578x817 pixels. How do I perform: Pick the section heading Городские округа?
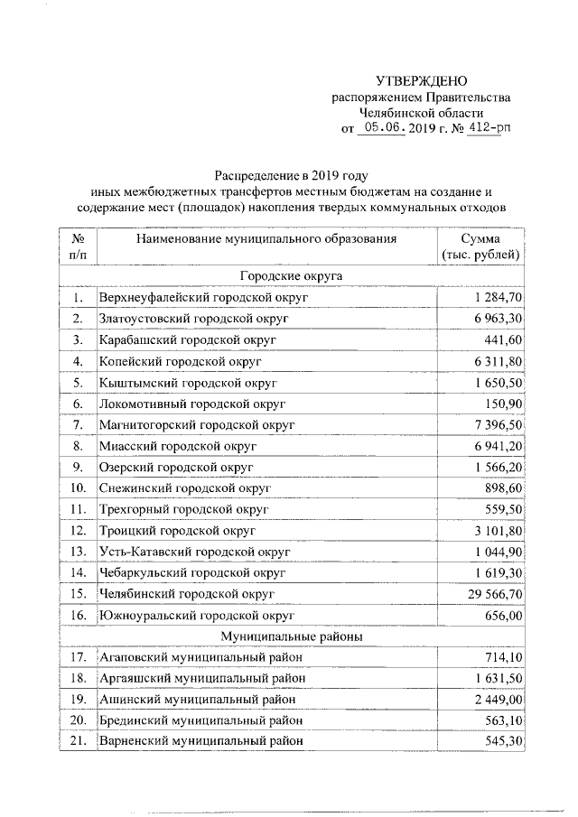[x=290, y=275]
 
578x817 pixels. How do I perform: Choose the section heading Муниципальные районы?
[x=290, y=636]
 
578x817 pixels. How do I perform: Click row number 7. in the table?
[x=79, y=424]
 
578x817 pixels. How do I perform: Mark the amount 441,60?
[x=503, y=339]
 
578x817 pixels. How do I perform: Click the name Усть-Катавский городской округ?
[x=194, y=551]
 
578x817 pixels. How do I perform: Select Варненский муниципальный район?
[x=200, y=741]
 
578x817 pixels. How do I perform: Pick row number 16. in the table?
[x=79, y=615]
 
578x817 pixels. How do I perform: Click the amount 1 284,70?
[x=496, y=297]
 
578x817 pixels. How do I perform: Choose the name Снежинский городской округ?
[x=186, y=487]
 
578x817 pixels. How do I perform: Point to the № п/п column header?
[x=78, y=246]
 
